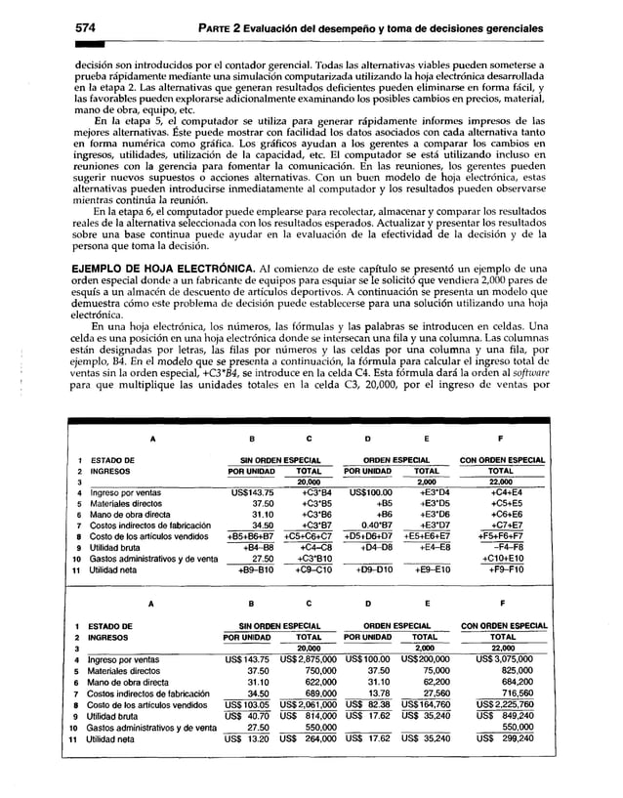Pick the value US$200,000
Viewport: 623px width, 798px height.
(x=424, y=686)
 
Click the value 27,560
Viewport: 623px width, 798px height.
(x=430, y=723)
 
